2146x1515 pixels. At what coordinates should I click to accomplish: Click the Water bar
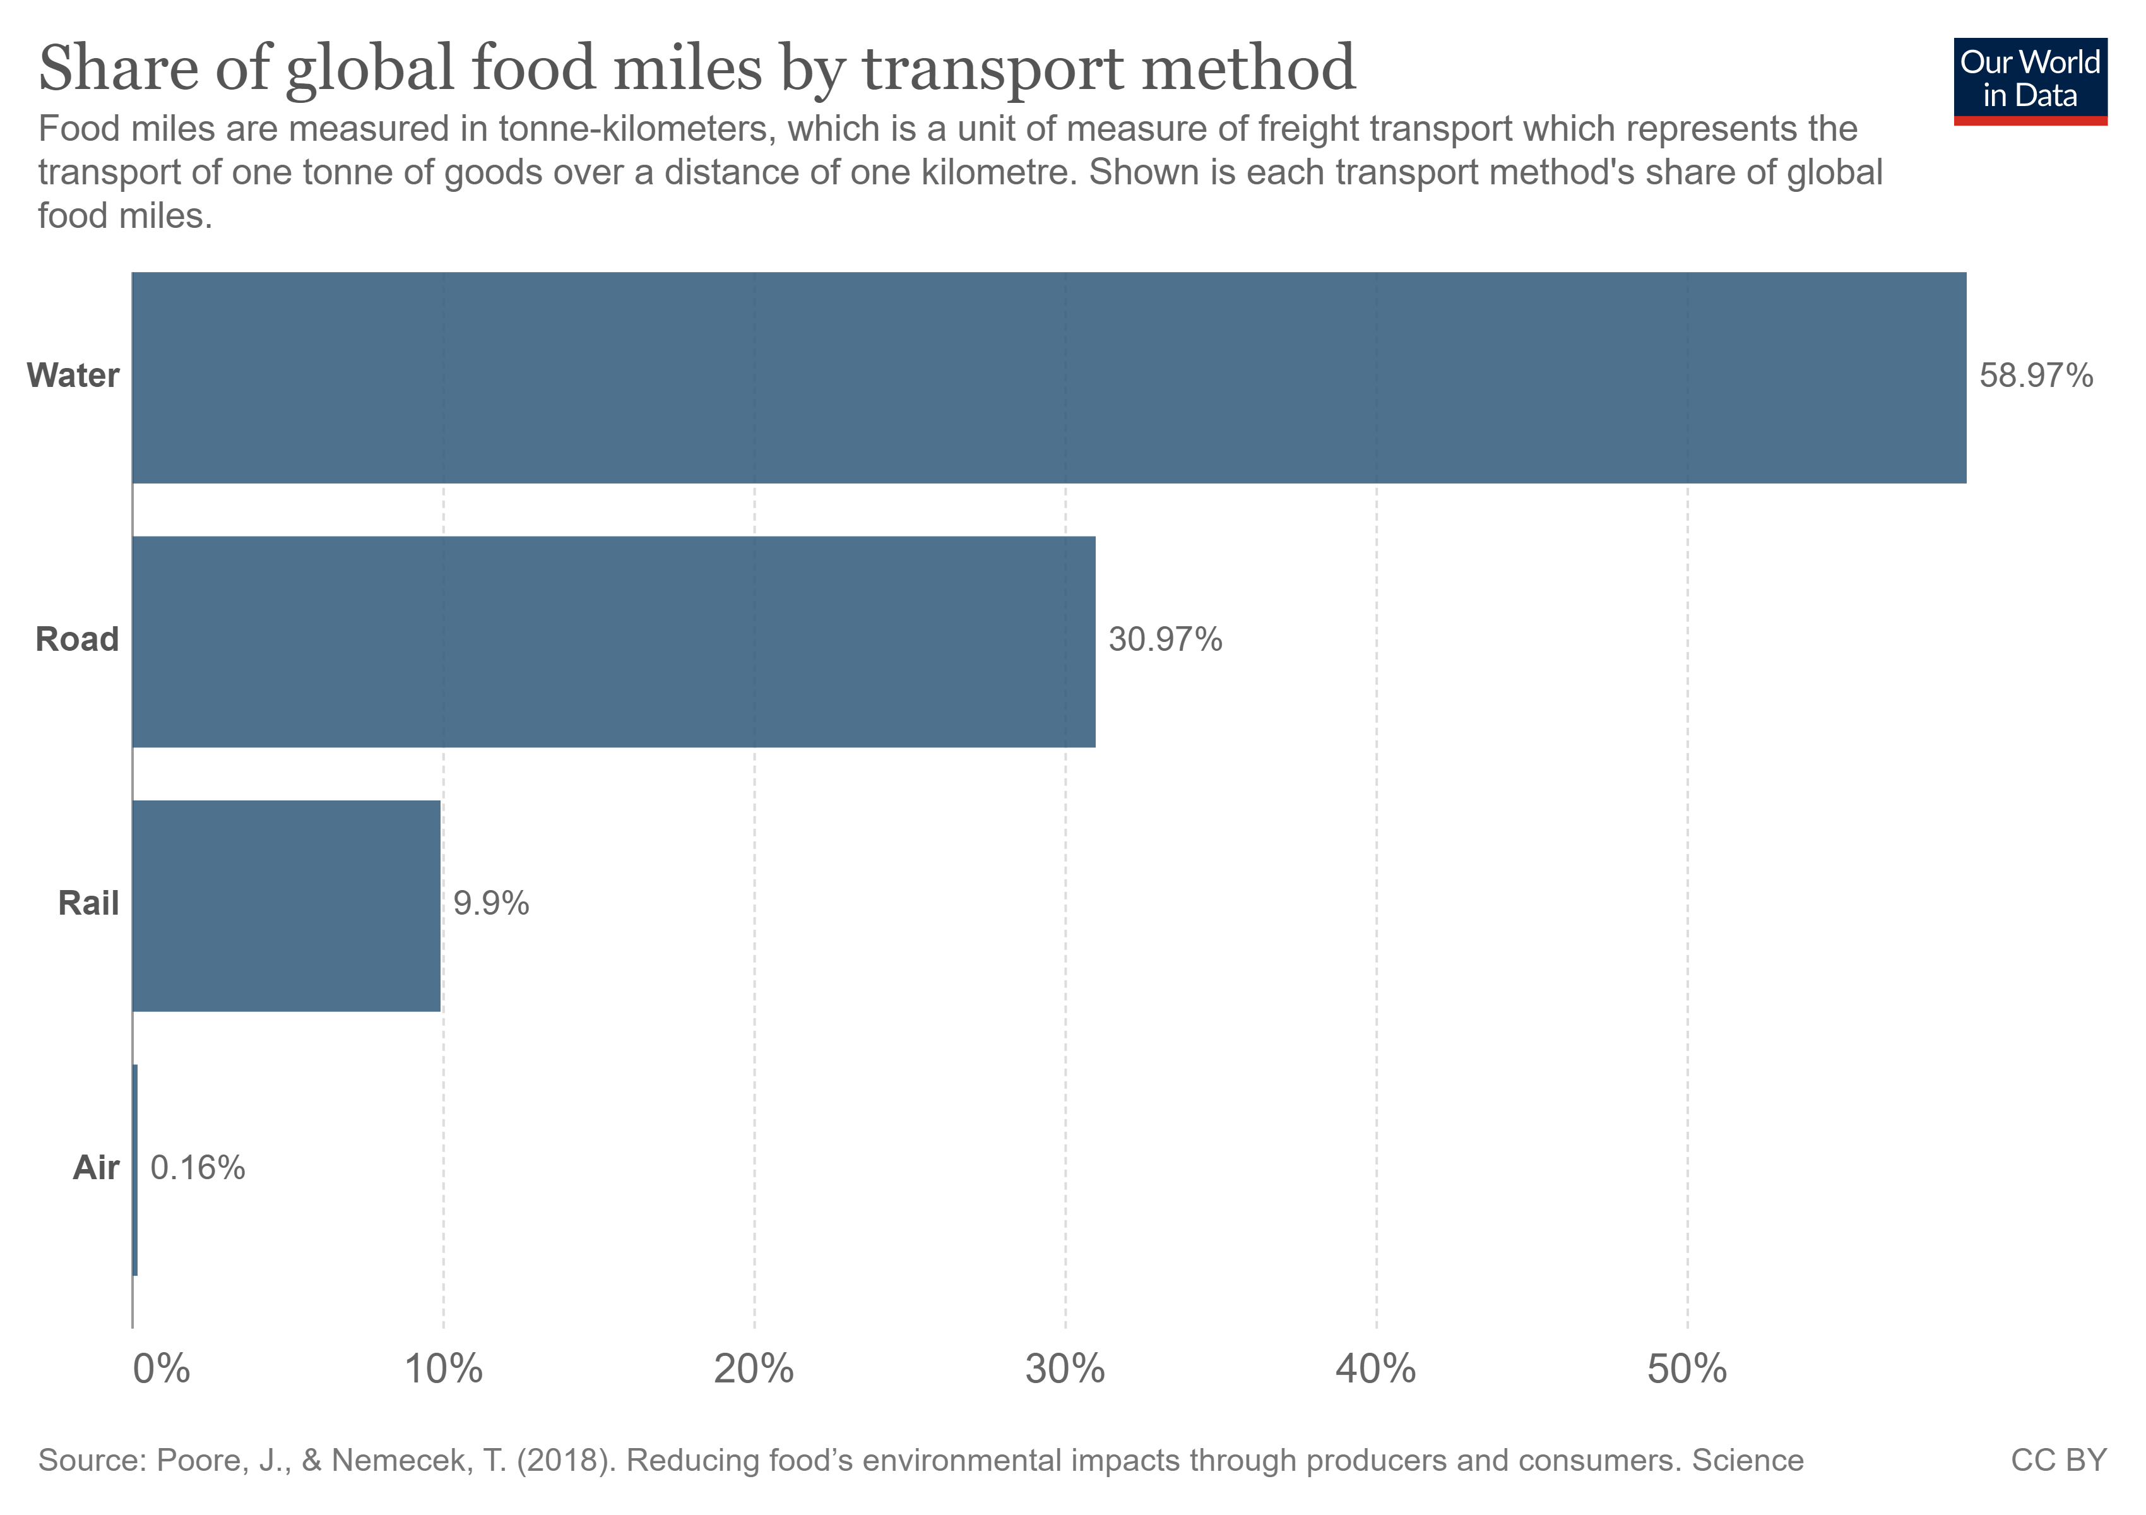(x=1048, y=377)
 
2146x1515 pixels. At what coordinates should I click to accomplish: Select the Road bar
(x=613, y=641)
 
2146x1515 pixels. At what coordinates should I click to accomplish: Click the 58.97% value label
(x=2036, y=376)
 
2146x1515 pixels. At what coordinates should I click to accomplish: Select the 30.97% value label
(x=1165, y=639)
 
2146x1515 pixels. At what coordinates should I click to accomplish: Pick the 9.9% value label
(x=490, y=904)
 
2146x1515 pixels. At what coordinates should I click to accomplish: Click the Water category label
(x=73, y=376)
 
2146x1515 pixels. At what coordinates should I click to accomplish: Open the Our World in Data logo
(x=2029, y=80)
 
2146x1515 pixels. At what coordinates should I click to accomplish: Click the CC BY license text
(x=2058, y=1460)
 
